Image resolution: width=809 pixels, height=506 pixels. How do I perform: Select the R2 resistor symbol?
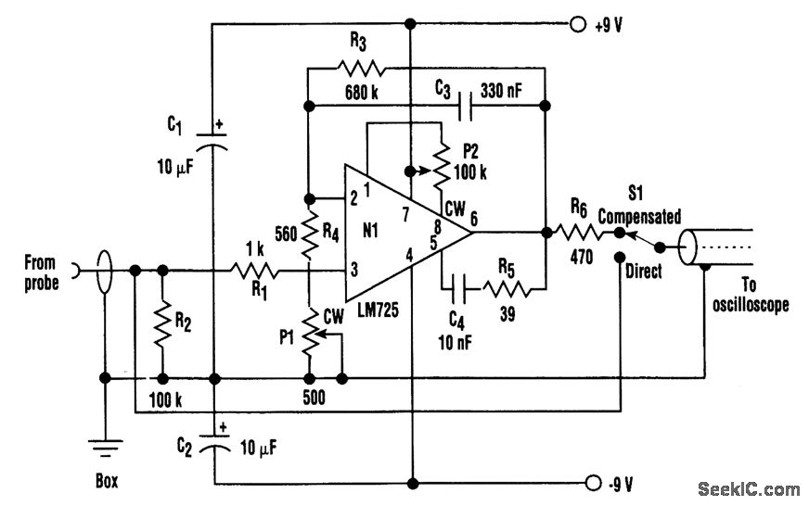(162, 324)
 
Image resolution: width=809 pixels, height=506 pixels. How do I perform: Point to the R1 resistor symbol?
(256, 271)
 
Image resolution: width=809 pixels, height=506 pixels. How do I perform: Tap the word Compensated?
(639, 216)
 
